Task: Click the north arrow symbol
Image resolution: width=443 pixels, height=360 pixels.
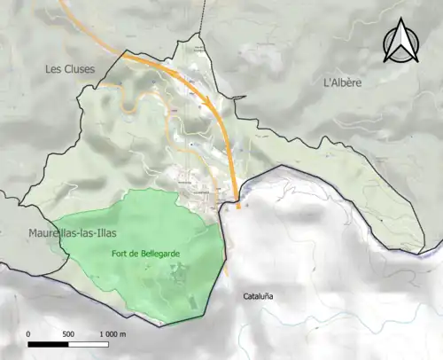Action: [400, 43]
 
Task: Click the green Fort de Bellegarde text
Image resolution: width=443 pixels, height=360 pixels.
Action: [146, 254]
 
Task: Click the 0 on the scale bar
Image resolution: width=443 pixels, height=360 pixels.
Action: [29, 334]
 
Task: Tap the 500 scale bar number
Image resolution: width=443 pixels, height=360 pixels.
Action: [68, 334]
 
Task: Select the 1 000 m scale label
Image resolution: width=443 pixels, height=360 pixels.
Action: [111, 334]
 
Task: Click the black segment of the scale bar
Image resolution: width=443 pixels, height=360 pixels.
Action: [49, 343]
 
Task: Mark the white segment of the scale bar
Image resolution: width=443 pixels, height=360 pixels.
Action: [89, 343]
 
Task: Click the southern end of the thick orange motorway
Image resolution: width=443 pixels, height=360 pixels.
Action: [238, 207]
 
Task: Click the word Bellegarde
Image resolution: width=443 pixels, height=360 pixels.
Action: [159, 254]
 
